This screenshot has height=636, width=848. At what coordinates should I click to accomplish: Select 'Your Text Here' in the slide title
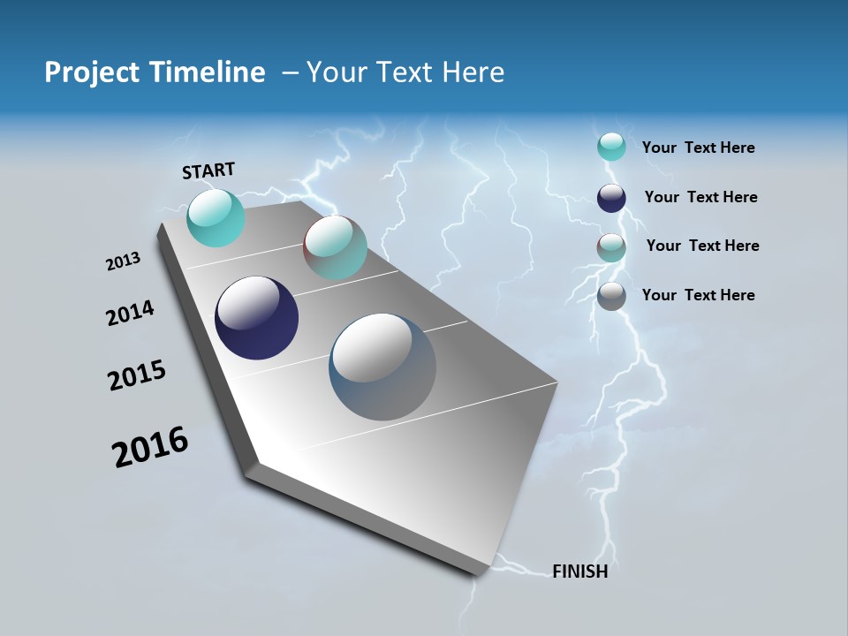point(405,72)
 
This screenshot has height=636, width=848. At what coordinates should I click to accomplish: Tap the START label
point(208,170)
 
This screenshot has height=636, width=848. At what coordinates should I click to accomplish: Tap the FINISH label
point(579,572)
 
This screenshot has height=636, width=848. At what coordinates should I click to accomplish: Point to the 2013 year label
point(124,261)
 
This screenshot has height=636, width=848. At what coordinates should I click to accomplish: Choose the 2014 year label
point(130,313)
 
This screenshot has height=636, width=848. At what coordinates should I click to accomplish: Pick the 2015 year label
point(137,375)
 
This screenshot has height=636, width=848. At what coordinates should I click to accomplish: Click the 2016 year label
point(150,446)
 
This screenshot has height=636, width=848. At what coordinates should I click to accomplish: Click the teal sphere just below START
point(216,217)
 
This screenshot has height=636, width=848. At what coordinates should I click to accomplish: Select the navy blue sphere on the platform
point(256,318)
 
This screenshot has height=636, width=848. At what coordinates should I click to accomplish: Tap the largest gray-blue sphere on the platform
point(382,367)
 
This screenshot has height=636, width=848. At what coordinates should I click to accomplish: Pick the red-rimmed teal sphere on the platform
point(335,247)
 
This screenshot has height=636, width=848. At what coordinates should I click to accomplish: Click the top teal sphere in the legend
point(611,147)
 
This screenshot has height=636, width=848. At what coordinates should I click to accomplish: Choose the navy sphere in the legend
point(611,198)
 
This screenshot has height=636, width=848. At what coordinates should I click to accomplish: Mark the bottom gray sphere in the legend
point(611,296)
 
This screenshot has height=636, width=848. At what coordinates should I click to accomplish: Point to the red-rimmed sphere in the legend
point(611,247)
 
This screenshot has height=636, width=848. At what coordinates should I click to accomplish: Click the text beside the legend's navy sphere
point(700,197)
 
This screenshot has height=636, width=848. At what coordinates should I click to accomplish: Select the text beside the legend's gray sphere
point(698,295)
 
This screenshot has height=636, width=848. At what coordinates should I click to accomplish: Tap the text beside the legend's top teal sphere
point(698,148)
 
